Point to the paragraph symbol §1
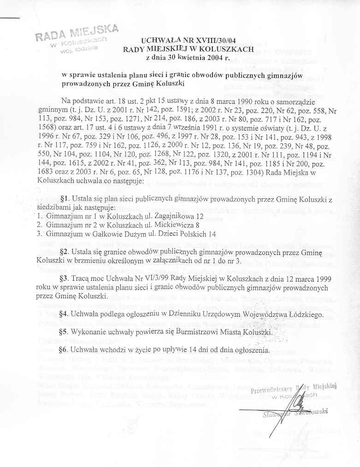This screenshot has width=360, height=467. coord(65,199)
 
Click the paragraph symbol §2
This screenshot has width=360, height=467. coord(65,251)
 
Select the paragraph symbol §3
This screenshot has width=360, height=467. coord(65,279)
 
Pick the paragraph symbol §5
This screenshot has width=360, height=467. coord(65,332)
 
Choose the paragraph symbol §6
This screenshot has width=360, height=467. coord(65,350)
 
